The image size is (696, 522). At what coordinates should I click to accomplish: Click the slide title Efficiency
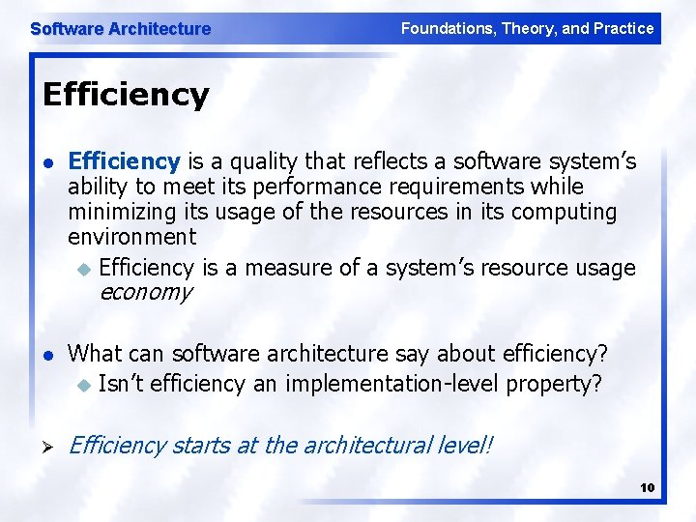click(126, 95)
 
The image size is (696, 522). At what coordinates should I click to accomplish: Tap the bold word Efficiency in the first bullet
click(124, 159)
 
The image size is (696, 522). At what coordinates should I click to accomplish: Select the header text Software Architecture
click(120, 29)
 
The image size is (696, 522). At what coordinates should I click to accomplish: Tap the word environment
click(131, 236)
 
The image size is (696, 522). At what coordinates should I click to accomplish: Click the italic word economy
click(145, 292)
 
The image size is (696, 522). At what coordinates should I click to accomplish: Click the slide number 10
click(647, 487)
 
